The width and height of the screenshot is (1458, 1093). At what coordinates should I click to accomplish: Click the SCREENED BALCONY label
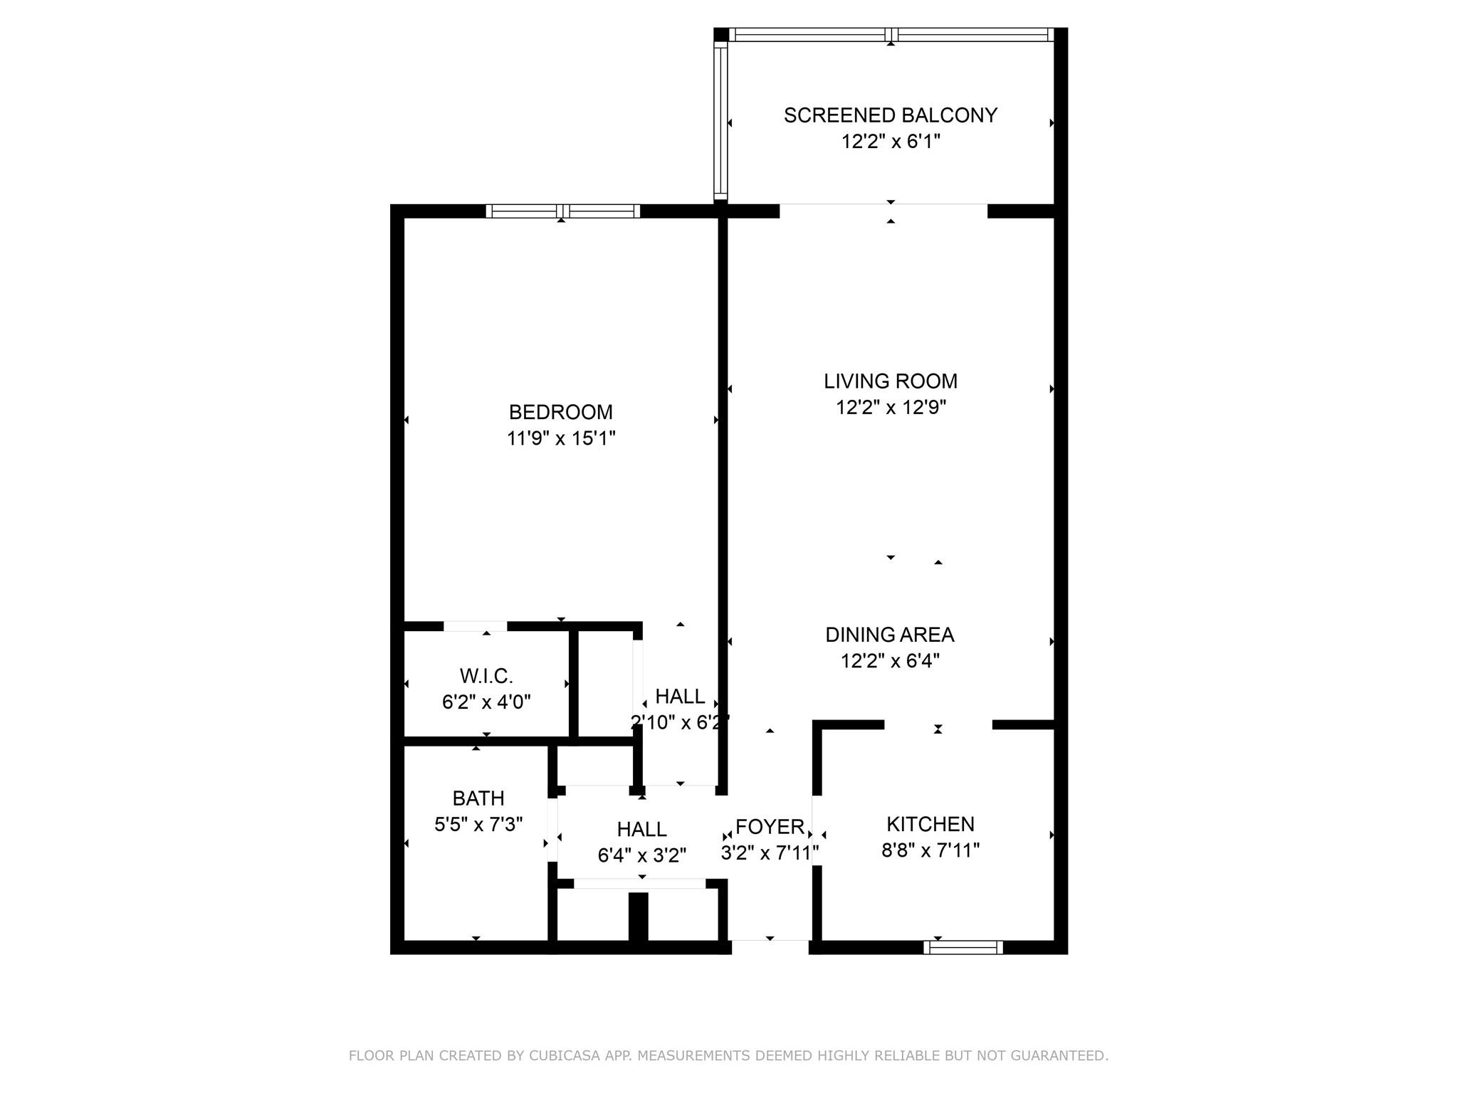click(x=890, y=115)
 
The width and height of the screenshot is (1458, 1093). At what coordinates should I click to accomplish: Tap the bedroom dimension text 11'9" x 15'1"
click(x=561, y=438)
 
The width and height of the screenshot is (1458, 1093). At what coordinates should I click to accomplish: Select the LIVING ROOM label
click(x=891, y=381)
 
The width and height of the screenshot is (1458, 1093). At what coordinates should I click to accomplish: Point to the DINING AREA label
click(x=890, y=635)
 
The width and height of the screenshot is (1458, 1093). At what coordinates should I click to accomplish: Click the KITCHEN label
click(x=930, y=824)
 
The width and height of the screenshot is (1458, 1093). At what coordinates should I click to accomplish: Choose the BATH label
click(x=478, y=798)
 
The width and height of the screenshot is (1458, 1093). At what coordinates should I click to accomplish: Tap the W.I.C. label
click(x=486, y=676)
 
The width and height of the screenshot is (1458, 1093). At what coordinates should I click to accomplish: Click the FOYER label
click(x=770, y=827)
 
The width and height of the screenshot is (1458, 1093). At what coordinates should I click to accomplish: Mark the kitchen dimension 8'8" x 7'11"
click(x=930, y=850)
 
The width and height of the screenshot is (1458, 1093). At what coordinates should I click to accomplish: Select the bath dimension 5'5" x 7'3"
click(x=478, y=825)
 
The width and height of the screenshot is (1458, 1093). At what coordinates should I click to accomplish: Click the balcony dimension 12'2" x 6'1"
click(x=891, y=142)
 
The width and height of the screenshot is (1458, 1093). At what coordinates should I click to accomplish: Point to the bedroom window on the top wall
click(x=562, y=211)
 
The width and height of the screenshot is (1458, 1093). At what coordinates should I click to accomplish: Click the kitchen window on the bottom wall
click(x=963, y=947)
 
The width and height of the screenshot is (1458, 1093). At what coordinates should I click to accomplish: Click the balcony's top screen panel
click(x=891, y=34)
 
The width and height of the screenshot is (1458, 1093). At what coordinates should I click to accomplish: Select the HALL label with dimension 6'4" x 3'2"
click(x=642, y=830)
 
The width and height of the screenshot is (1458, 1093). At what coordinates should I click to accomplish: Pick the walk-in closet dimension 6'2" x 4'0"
click(x=486, y=702)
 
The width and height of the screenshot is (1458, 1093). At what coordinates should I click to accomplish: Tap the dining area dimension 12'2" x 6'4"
click(x=890, y=661)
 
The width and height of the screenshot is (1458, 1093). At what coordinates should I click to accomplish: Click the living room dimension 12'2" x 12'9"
click(x=891, y=408)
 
